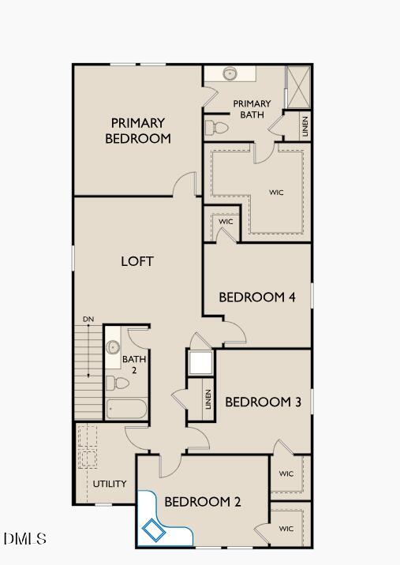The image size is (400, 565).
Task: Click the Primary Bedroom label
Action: [x=138, y=131]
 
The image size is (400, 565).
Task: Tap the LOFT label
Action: [x=136, y=261]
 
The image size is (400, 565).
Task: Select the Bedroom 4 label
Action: [x=257, y=297]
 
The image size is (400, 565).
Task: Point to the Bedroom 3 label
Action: [x=264, y=402]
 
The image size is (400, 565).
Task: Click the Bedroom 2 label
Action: [x=203, y=502]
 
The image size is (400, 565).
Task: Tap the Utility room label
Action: [x=110, y=484]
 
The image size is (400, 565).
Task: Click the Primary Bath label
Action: [x=252, y=109]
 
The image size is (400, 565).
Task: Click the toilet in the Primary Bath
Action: [x=217, y=127]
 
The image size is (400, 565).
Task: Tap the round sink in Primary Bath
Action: [x=230, y=73]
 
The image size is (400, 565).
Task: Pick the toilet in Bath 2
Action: [x=118, y=383]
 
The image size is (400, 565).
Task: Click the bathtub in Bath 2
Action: [x=126, y=409]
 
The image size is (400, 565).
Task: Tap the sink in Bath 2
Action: [x=113, y=346]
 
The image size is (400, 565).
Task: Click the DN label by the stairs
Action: [x=88, y=320]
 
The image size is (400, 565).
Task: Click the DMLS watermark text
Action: [x=24, y=539]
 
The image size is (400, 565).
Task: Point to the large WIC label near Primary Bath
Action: [x=276, y=193]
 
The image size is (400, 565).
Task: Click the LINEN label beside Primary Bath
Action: [x=305, y=126]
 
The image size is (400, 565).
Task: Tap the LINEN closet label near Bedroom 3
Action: [x=208, y=398]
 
